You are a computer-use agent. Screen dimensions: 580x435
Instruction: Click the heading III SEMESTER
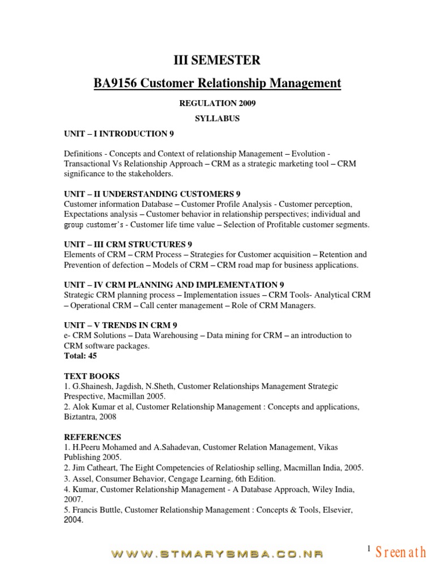[x=217, y=60]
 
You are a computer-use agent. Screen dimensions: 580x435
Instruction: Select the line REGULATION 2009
[x=217, y=104]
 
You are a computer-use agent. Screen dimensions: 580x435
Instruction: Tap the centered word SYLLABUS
[x=217, y=119]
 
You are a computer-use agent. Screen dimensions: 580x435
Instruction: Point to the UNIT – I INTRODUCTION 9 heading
[x=119, y=134]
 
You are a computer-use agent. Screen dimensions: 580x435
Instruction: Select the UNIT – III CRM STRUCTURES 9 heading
[x=128, y=244]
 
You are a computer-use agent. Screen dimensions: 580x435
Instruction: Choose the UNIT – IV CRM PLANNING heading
[x=174, y=284]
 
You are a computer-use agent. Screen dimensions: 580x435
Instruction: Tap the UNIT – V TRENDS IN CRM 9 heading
[x=121, y=325]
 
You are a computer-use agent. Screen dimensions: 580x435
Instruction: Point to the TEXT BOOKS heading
[x=92, y=376]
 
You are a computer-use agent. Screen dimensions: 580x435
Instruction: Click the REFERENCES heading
[x=92, y=437]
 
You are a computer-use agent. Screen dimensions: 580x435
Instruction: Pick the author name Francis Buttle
[x=96, y=510]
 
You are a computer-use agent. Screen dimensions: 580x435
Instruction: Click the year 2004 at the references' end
[x=73, y=519]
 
